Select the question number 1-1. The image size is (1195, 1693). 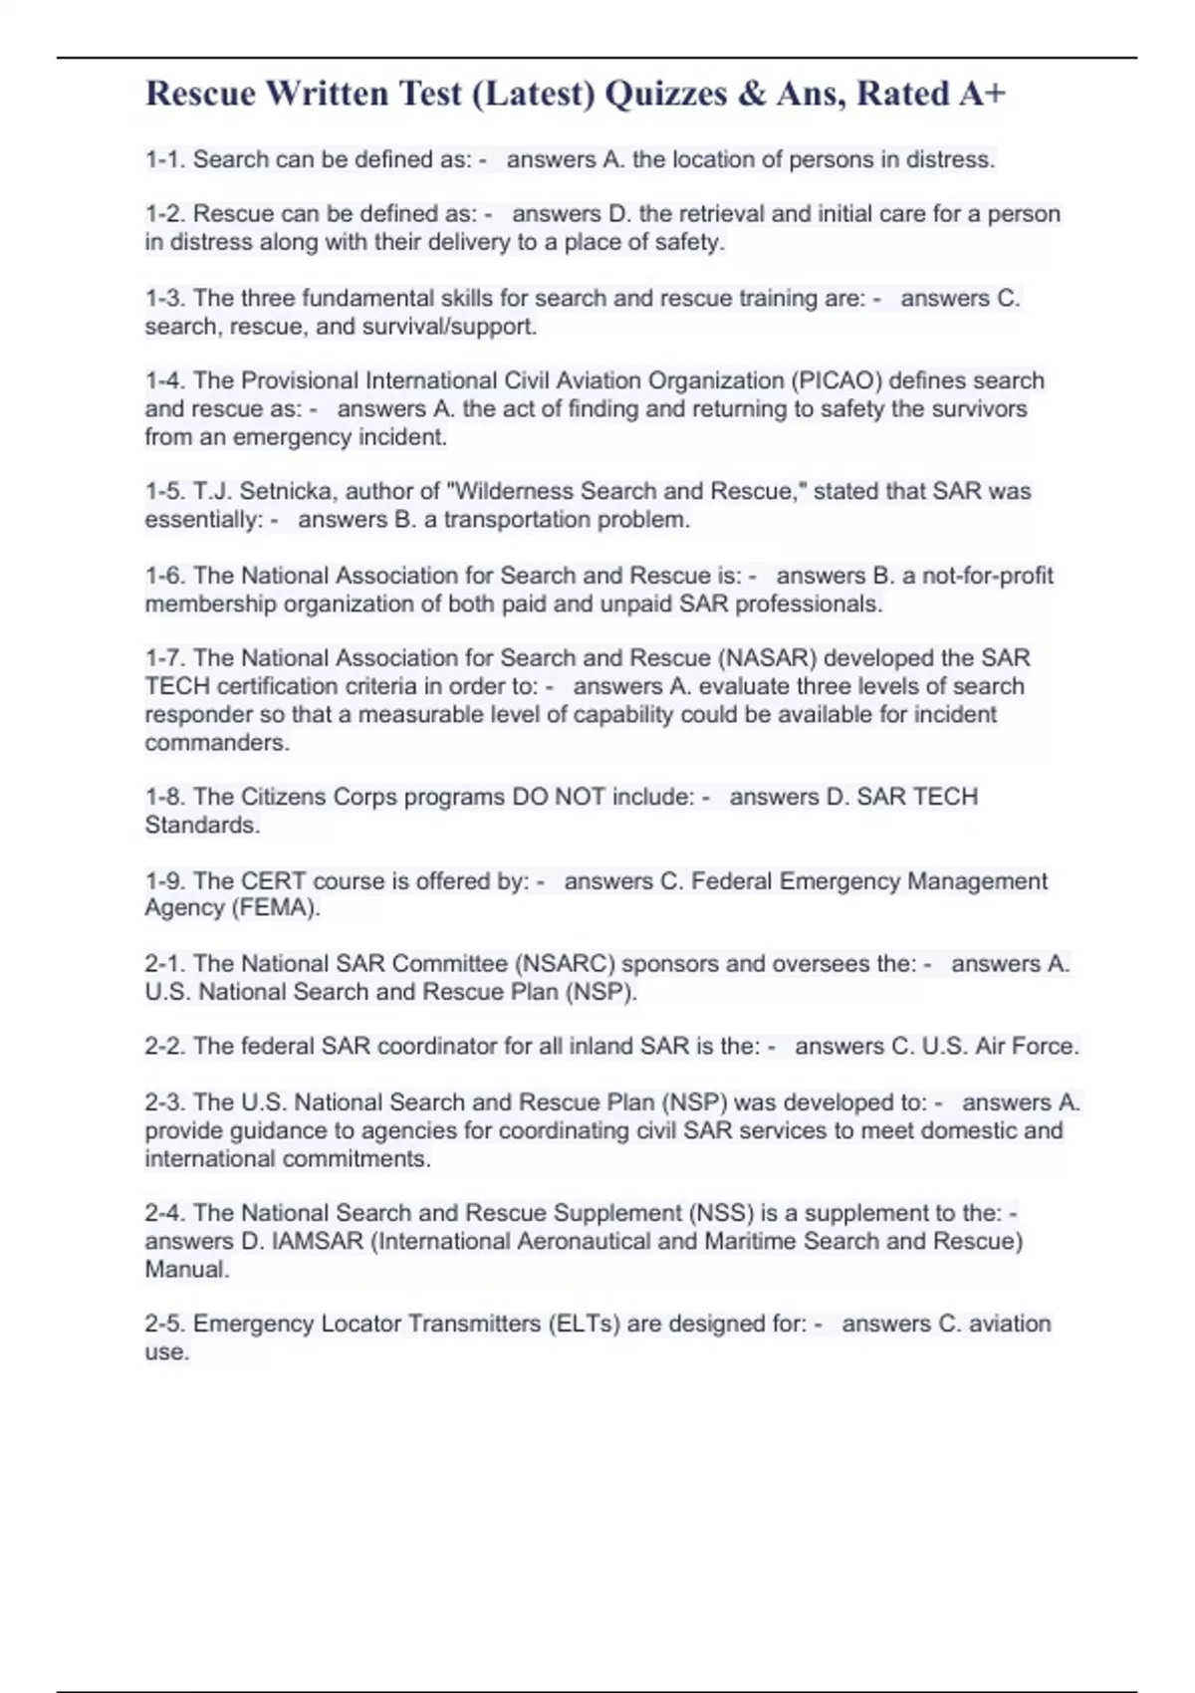165,159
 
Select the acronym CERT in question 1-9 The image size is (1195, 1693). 274,881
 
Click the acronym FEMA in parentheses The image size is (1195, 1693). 274,908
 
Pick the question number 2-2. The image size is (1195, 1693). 165,1047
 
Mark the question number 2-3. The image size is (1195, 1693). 165,1102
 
